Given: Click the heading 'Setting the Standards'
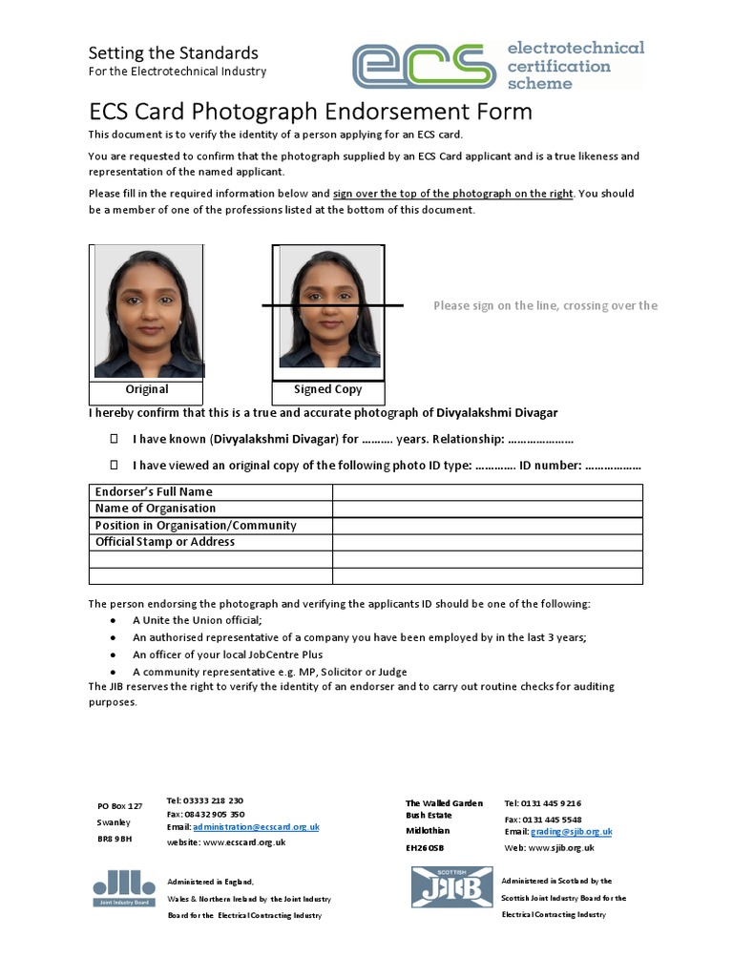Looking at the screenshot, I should point(173,52).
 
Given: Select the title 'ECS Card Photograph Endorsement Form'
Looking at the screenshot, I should point(310,112).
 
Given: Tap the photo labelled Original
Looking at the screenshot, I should point(147,311).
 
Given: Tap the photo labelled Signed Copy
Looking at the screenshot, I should point(327,307).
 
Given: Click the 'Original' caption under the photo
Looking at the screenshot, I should point(147,389).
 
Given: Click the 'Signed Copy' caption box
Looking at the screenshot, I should point(327,389).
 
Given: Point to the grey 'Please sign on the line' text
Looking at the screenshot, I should point(545,305).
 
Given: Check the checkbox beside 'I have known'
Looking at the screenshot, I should point(114,439).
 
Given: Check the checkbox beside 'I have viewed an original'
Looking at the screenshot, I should point(114,465).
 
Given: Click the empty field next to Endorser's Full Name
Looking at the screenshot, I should point(487,492).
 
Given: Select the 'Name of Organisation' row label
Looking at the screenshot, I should point(156,509).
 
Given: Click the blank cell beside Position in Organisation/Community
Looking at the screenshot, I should point(487,526).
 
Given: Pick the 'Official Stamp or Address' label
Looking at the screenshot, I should point(165,542).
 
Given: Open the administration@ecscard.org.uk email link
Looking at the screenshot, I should point(256,827).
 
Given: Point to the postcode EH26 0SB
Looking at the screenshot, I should point(425,847).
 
